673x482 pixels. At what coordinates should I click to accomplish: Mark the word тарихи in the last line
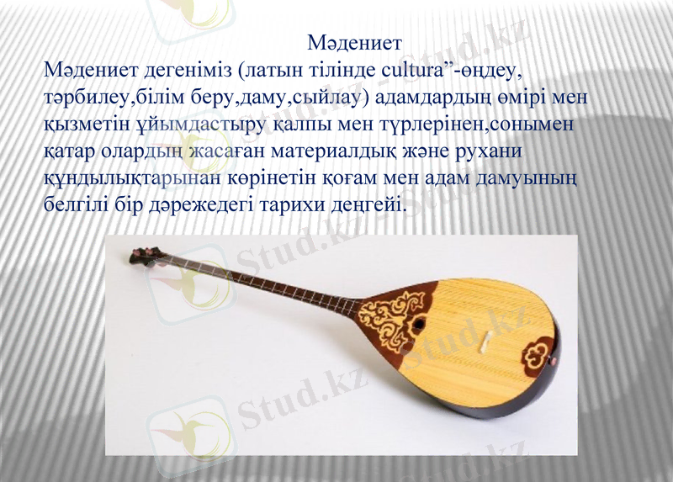[x=286, y=206]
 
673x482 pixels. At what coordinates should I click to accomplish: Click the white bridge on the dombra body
[x=486, y=342]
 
